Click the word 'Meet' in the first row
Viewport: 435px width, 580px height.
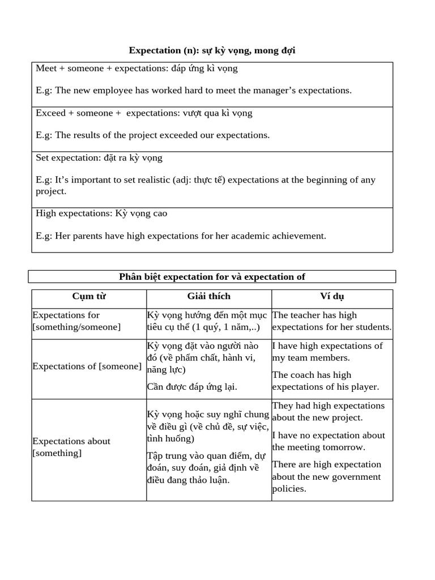tap(46, 68)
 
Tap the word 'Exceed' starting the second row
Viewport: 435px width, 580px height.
tap(51, 113)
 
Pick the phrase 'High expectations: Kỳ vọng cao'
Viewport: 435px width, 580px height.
tap(101, 214)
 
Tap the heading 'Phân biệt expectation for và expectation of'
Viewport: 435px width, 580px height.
tap(212, 276)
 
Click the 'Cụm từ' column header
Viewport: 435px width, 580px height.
tap(89, 296)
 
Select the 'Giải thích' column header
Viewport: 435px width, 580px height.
tap(209, 296)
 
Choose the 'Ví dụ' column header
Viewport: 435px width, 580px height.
tap(332, 296)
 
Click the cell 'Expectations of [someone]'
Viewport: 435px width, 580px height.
tap(87, 366)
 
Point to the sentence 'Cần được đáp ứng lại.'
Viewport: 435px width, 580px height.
tap(192, 387)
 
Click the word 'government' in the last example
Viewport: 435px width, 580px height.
tap(356, 476)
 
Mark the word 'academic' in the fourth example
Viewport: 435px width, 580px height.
tap(248, 236)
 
